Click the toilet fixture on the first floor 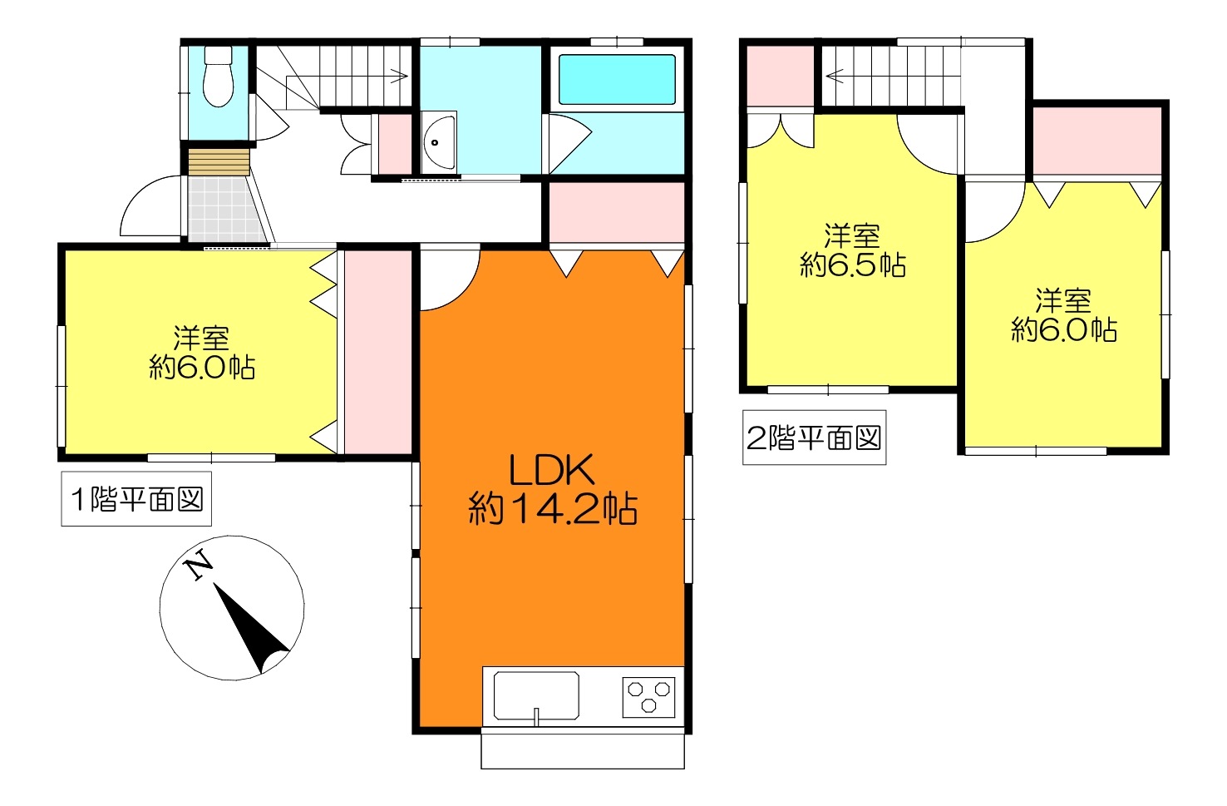tap(218, 76)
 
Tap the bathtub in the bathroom tap(617, 80)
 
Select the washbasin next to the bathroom tap(439, 142)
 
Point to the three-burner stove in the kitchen tap(648, 697)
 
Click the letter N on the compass tap(199, 563)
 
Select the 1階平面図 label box tap(136, 498)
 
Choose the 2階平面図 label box tap(814, 438)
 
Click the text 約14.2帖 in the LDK tap(552, 509)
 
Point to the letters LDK tap(552, 470)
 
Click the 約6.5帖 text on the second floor tap(852, 265)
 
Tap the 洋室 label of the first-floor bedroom tap(201, 338)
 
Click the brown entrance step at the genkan tap(219, 161)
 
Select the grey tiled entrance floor tap(225, 210)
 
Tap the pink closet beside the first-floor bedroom tap(378, 353)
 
